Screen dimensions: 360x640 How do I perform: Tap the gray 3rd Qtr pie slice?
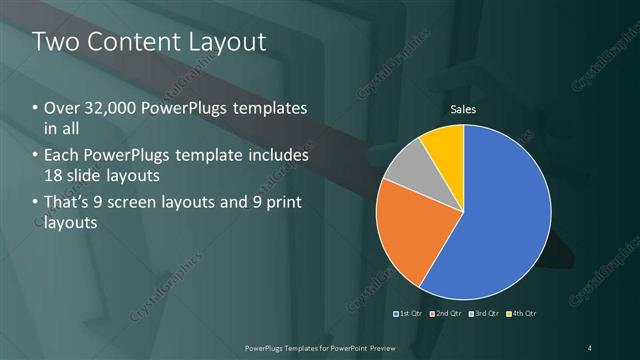coord(409,170)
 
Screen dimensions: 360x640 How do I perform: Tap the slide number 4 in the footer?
coord(590,347)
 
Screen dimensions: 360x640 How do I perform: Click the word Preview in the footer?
coord(392,347)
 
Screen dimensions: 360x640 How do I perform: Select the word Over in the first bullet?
coord(61,108)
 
